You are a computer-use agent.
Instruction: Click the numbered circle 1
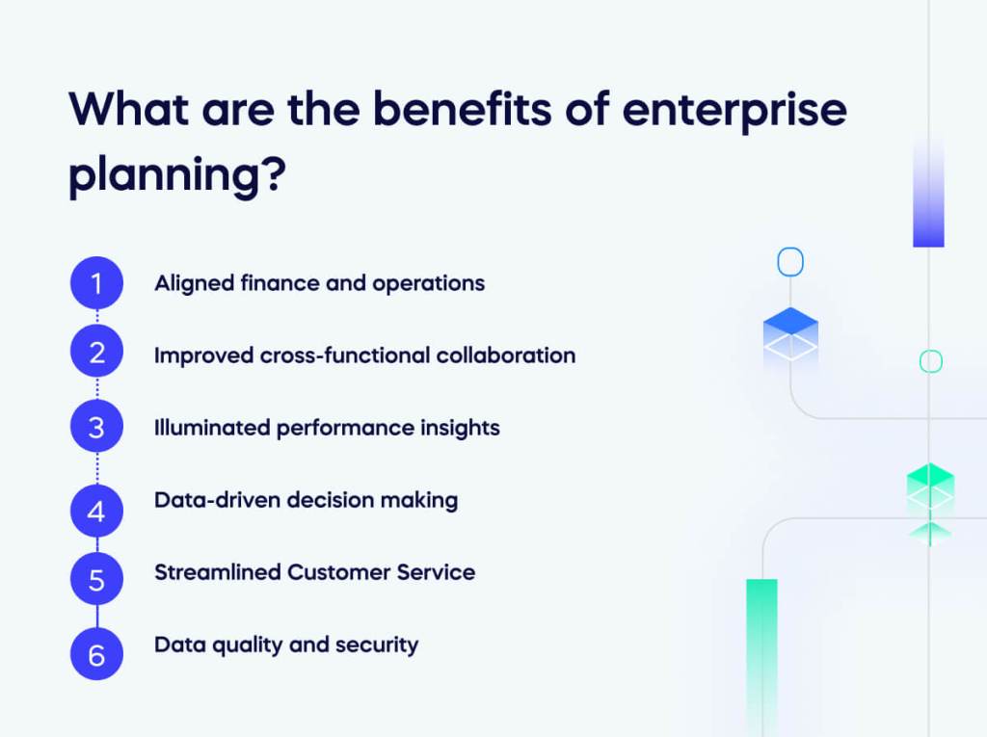[96, 283]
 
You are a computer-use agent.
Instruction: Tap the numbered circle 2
[96, 353]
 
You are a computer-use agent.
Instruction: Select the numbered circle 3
[96, 427]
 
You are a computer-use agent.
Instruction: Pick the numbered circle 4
[96, 511]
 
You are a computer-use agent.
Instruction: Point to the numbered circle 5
[96, 580]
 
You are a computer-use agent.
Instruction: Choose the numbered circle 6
[96, 655]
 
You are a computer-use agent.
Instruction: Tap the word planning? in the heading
[177, 177]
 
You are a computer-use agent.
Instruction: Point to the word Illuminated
[212, 428]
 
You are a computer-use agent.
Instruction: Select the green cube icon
[930, 488]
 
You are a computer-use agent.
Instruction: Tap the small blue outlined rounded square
[790, 262]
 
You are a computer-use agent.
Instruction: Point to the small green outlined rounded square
[930, 361]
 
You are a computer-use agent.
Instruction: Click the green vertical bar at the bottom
[761, 655]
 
